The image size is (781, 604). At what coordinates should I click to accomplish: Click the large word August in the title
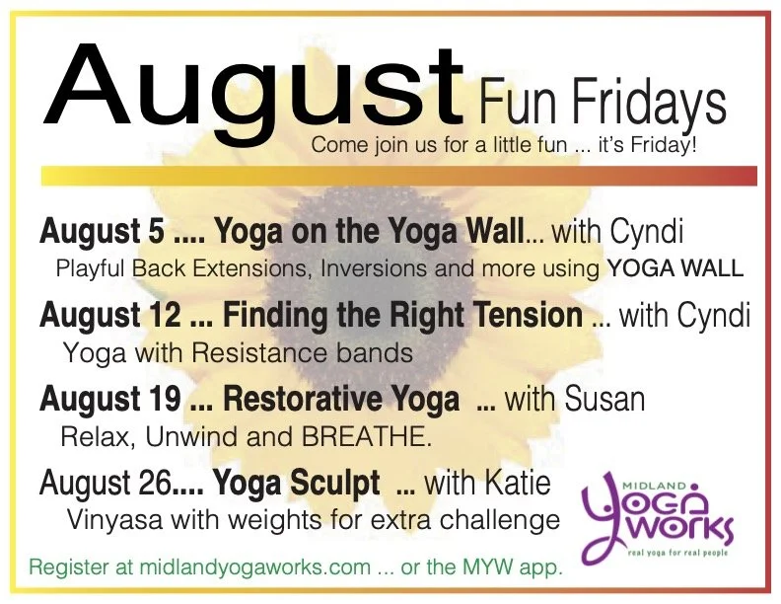point(251,84)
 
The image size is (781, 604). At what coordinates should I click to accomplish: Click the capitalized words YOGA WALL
point(676,267)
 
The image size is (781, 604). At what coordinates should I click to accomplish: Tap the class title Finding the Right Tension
point(402,317)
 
